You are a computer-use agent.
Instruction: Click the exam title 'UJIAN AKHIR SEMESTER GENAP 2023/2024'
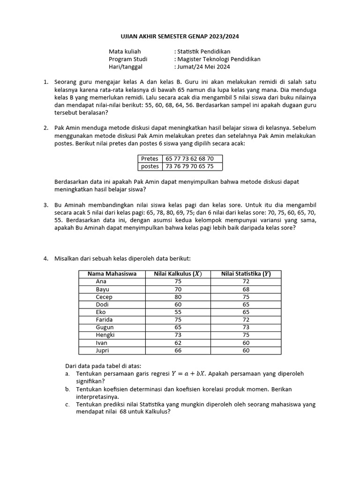coord(180,36)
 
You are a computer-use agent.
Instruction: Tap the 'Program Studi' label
coord(128,59)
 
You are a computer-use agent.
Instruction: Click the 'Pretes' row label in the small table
coord(150,158)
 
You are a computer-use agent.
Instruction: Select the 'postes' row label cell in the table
coord(150,166)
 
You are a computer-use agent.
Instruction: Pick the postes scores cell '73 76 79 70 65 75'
coord(190,166)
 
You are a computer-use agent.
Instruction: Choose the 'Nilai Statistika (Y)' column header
coord(246,274)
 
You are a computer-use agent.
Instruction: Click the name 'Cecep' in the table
coord(104,297)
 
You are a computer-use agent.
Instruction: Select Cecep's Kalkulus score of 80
coord(178,297)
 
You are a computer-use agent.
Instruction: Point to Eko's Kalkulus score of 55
coord(178,312)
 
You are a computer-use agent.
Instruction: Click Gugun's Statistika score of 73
coord(246,327)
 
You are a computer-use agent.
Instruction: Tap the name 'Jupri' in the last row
coord(103,350)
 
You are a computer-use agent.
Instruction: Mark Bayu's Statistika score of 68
coord(246,289)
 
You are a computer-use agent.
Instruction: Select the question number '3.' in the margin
coord(46,205)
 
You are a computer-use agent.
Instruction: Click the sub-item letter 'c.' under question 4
coord(68,404)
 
